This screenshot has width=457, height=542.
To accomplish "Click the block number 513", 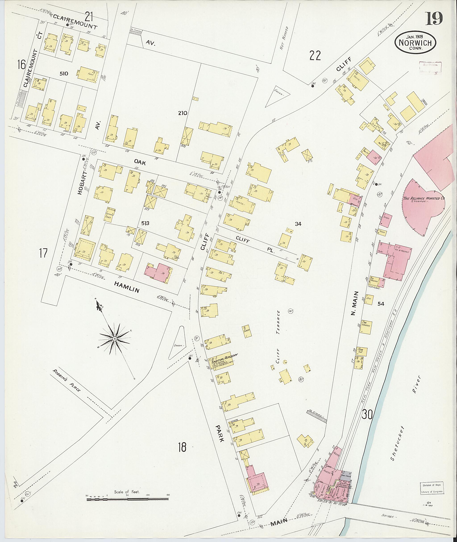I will [x=145, y=223].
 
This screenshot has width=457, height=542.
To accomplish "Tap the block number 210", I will [x=183, y=113].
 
